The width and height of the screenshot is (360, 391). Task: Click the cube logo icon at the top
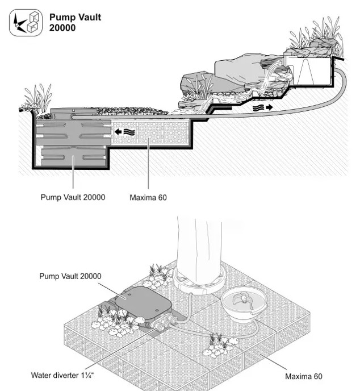click(26, 23)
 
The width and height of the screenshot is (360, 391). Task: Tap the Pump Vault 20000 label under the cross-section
click(73, 197)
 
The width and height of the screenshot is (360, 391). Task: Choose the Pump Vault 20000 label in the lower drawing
click(70, 276)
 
